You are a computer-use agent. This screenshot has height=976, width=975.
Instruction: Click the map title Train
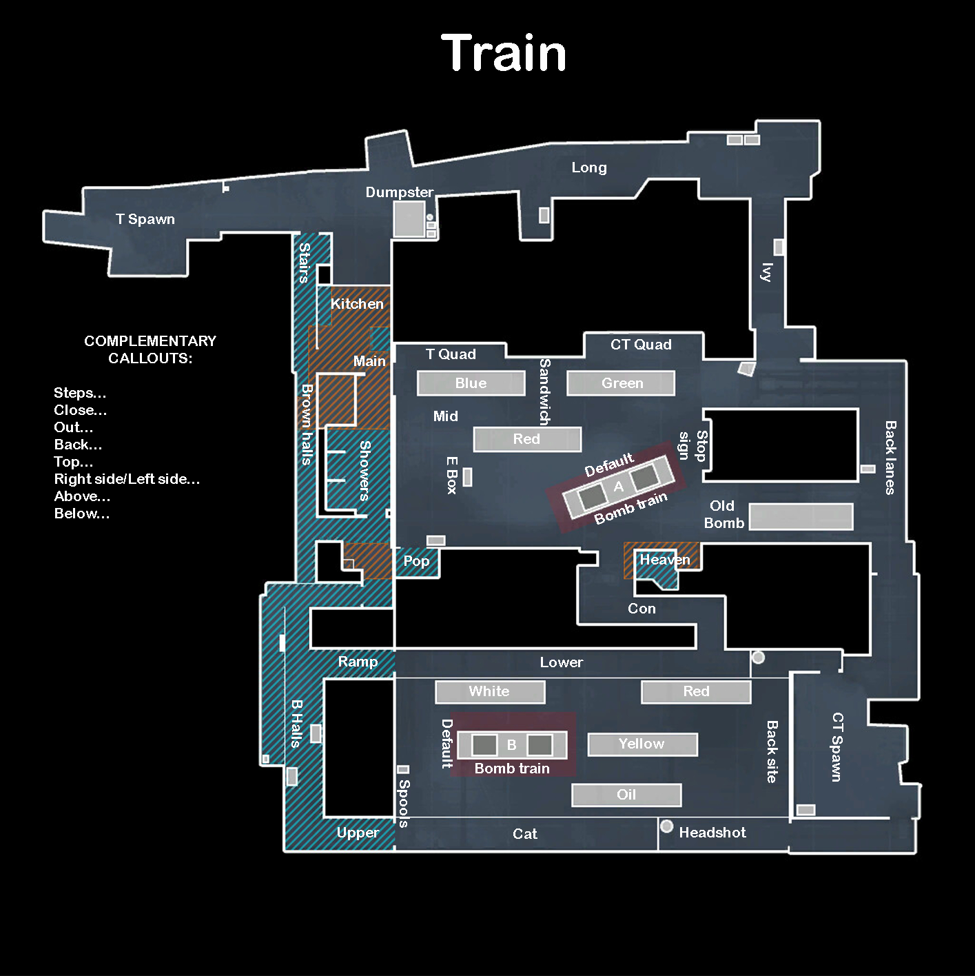(504, 53)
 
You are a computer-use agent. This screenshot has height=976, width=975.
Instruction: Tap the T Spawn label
(145, 219)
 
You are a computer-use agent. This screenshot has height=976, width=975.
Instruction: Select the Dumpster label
(400, 192)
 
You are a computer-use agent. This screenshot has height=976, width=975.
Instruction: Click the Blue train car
(471, 383)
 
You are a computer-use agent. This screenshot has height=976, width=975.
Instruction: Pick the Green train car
(622, 383)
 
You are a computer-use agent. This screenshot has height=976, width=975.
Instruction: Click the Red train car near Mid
(527, 439)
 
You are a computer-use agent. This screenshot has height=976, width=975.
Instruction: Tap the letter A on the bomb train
(618, 487)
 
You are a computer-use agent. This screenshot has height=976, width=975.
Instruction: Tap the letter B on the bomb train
(511, 745)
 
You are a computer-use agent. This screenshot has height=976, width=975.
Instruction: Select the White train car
(489, 691)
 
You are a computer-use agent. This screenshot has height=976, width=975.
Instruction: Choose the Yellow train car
(642, 744)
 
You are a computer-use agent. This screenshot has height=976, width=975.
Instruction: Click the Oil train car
(626, 795)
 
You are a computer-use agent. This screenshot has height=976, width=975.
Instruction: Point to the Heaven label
(664, 560)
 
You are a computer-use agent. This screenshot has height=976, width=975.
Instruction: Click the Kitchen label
(357, 304)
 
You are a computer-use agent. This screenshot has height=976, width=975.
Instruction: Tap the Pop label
(416, 561)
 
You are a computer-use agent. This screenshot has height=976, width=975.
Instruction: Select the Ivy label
(766, 272)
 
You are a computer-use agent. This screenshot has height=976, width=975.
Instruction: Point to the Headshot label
(712, 833)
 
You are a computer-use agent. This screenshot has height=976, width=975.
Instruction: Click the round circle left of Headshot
(666, 826)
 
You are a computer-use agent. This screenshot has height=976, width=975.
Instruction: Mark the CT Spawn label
(837, 747)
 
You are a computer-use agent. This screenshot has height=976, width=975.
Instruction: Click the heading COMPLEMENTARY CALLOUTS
(150, 349)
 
